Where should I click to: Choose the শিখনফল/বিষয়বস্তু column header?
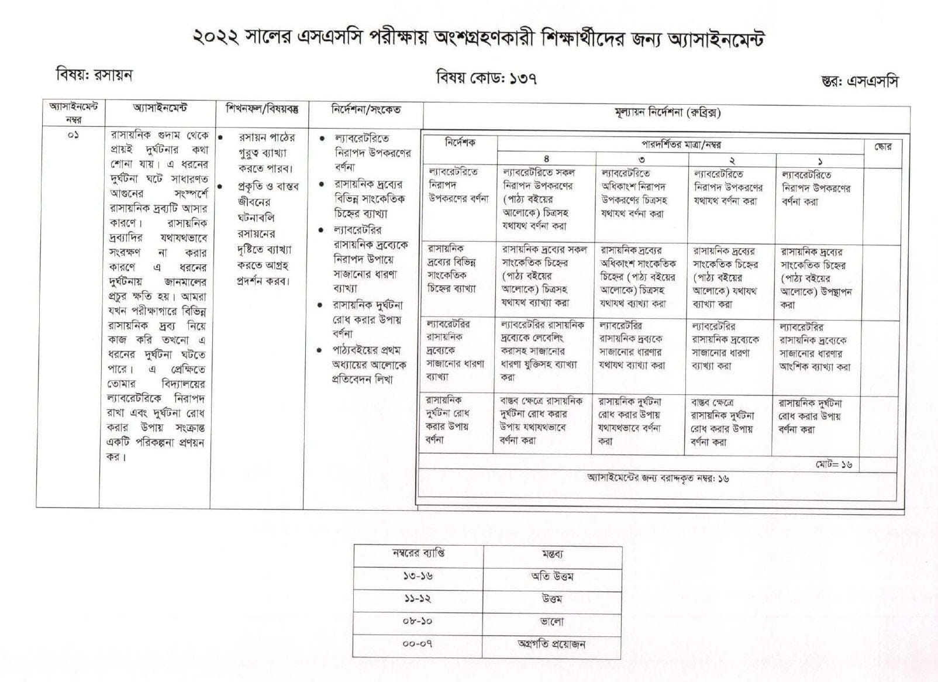tap(262, 109)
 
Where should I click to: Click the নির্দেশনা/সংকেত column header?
tap(366, 109)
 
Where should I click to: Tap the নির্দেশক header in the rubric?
tap(460, 143)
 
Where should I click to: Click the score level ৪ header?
tap(546, 159)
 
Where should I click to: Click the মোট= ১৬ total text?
tap(834, 465)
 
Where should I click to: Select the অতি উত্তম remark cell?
tap(552, 577)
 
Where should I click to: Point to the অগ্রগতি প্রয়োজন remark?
tap(551, 645)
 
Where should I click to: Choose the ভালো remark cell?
tap(551, 622)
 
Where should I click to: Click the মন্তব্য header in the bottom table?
tap(552, 554)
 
